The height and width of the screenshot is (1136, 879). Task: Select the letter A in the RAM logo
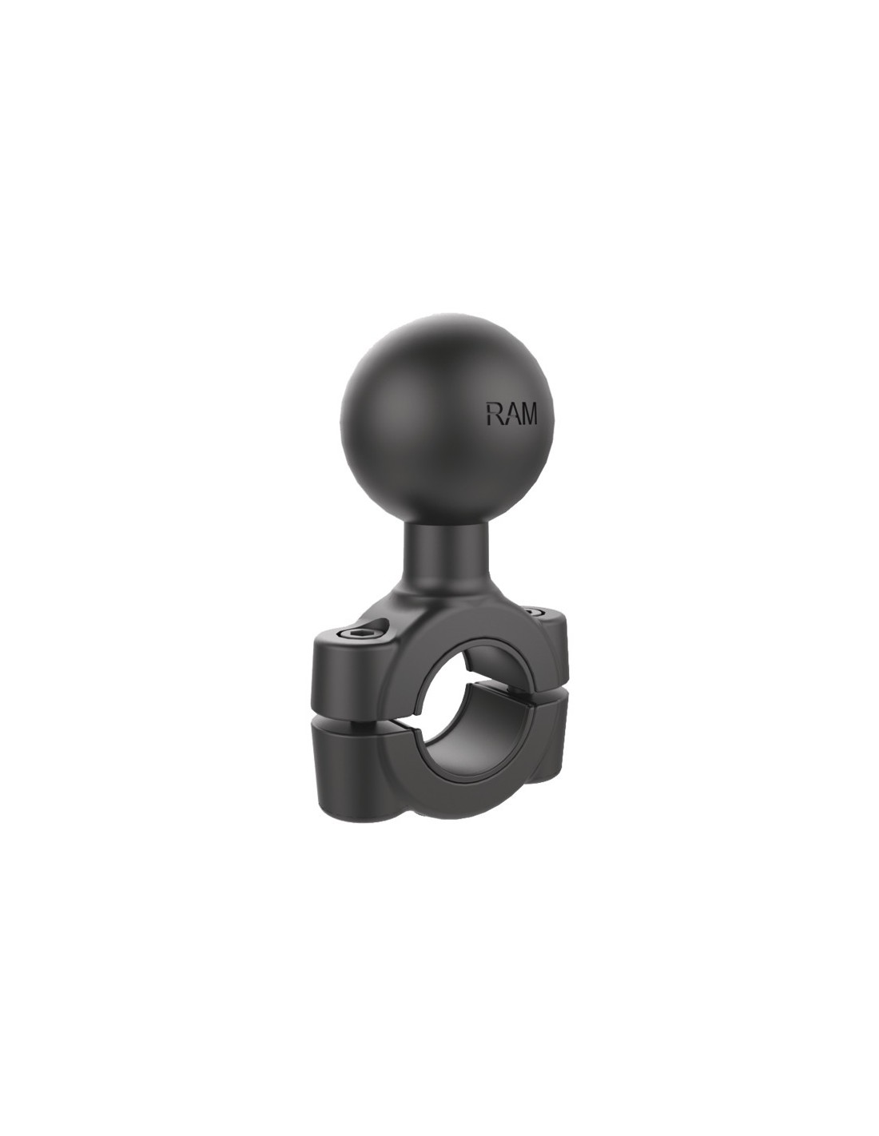pos(511,413)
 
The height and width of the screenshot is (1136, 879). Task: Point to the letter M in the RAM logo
pos(529,413)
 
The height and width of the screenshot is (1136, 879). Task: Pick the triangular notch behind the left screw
pos(383,626)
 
